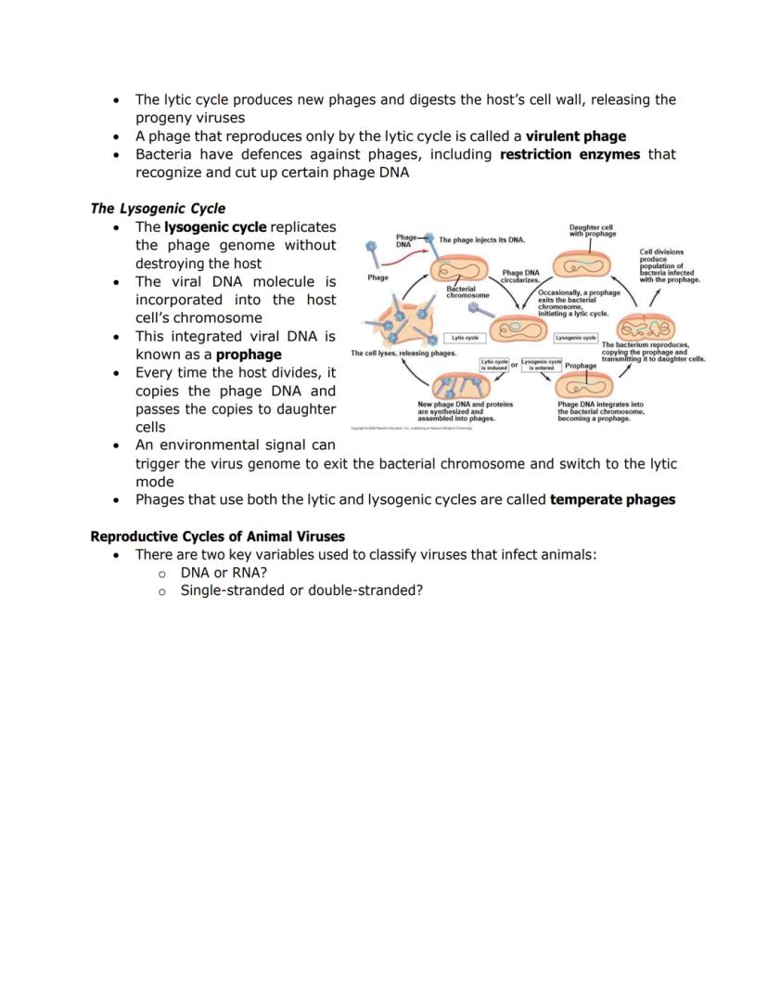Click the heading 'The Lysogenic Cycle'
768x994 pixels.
coord(158,208)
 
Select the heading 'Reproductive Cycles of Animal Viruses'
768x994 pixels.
coord(217,536)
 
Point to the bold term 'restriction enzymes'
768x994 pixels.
coord(570,154)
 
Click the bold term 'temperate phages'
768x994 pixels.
coord(612,499)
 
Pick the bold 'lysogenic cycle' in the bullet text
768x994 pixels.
coord(215,226)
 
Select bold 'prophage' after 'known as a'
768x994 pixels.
coord(249,355)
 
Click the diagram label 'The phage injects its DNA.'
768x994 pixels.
coord(482,240)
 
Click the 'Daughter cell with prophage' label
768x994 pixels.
coord(592,230)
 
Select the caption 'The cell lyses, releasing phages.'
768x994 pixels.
coord(403,354)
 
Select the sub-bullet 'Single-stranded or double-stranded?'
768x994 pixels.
coord(301,590)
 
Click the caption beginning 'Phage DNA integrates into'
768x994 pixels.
coord(600,411)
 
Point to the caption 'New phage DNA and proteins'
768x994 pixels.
coord(465,411)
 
